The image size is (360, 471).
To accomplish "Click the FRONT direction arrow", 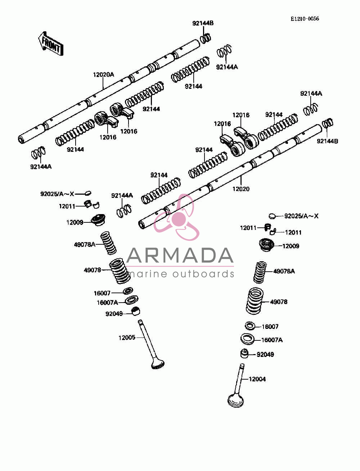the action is [51, 44].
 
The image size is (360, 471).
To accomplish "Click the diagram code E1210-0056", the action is [305, 19].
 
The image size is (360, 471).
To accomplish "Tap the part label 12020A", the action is [103, 75].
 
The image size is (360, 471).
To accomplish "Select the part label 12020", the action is [241, 189].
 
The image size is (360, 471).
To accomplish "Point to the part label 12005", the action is [127, 338].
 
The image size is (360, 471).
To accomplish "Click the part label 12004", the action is [257, 379].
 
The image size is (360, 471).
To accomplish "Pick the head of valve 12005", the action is [158, 365].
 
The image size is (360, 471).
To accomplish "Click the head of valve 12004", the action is [236, 400].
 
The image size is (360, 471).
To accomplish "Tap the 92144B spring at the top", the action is [206, 39].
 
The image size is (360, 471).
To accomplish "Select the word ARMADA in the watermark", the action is [180, 255].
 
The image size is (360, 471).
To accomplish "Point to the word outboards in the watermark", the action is [206, 274].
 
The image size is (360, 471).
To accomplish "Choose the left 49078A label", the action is [85, 245].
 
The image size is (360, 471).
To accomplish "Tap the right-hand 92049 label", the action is [265, 354].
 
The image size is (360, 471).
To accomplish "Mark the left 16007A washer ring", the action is [131, 300].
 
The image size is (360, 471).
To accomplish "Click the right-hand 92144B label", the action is [327, 141].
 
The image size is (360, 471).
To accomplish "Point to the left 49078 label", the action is [92, 270].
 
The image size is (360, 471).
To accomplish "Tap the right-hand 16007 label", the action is [270, 327].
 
